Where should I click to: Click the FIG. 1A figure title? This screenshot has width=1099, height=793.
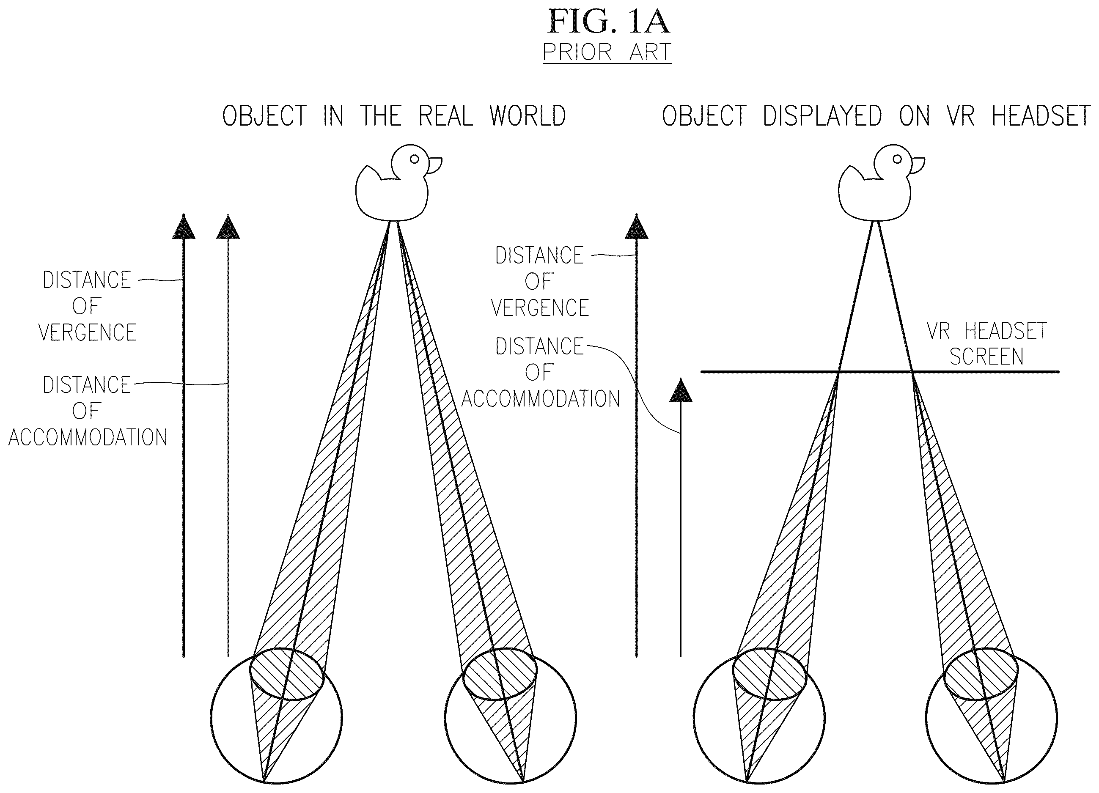(x=608, y=22)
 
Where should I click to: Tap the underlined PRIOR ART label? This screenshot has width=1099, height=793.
(x=607, y=52)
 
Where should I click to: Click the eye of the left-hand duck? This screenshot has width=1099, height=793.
(x=414, y=159)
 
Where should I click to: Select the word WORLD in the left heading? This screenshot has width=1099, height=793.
(x=527, y=116)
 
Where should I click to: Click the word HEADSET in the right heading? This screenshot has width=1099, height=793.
(x=1041, y=116)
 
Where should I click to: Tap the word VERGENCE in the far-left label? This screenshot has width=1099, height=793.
(x=87, y=332)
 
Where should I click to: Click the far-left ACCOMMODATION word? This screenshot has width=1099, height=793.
(x=88, y=437)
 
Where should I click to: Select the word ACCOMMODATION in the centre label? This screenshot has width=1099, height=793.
(x=540, y=399)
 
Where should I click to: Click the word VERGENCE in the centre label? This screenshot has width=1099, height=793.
(x=540, y=307)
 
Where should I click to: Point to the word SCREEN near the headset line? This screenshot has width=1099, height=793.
(x=986, y=357)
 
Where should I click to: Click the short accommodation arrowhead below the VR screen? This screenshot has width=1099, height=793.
(x=681, y=390)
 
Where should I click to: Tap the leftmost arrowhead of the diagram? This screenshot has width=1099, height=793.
(x=184, y=226)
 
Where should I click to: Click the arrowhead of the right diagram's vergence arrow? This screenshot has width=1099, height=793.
(x=636, y=226)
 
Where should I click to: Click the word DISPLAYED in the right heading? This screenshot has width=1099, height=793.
(x=822, y=116)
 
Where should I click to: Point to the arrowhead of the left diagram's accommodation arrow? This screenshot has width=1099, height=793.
(x=228, y=226)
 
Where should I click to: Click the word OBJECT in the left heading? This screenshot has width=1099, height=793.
(x=264, y=116)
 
